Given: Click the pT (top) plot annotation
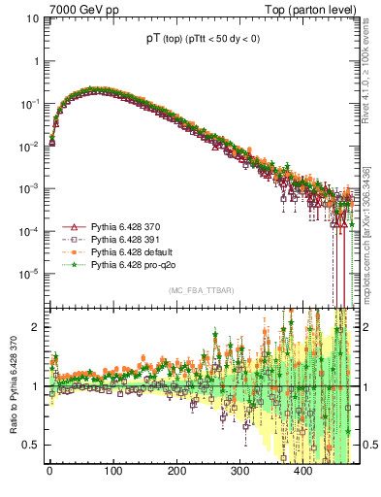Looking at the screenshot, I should [x=203, y=41].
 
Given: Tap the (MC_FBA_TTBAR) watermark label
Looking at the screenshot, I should [x=201, y=291].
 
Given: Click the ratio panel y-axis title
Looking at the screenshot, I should [x=13, y=388].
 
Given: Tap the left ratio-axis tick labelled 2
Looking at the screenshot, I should [x=37, y=327].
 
